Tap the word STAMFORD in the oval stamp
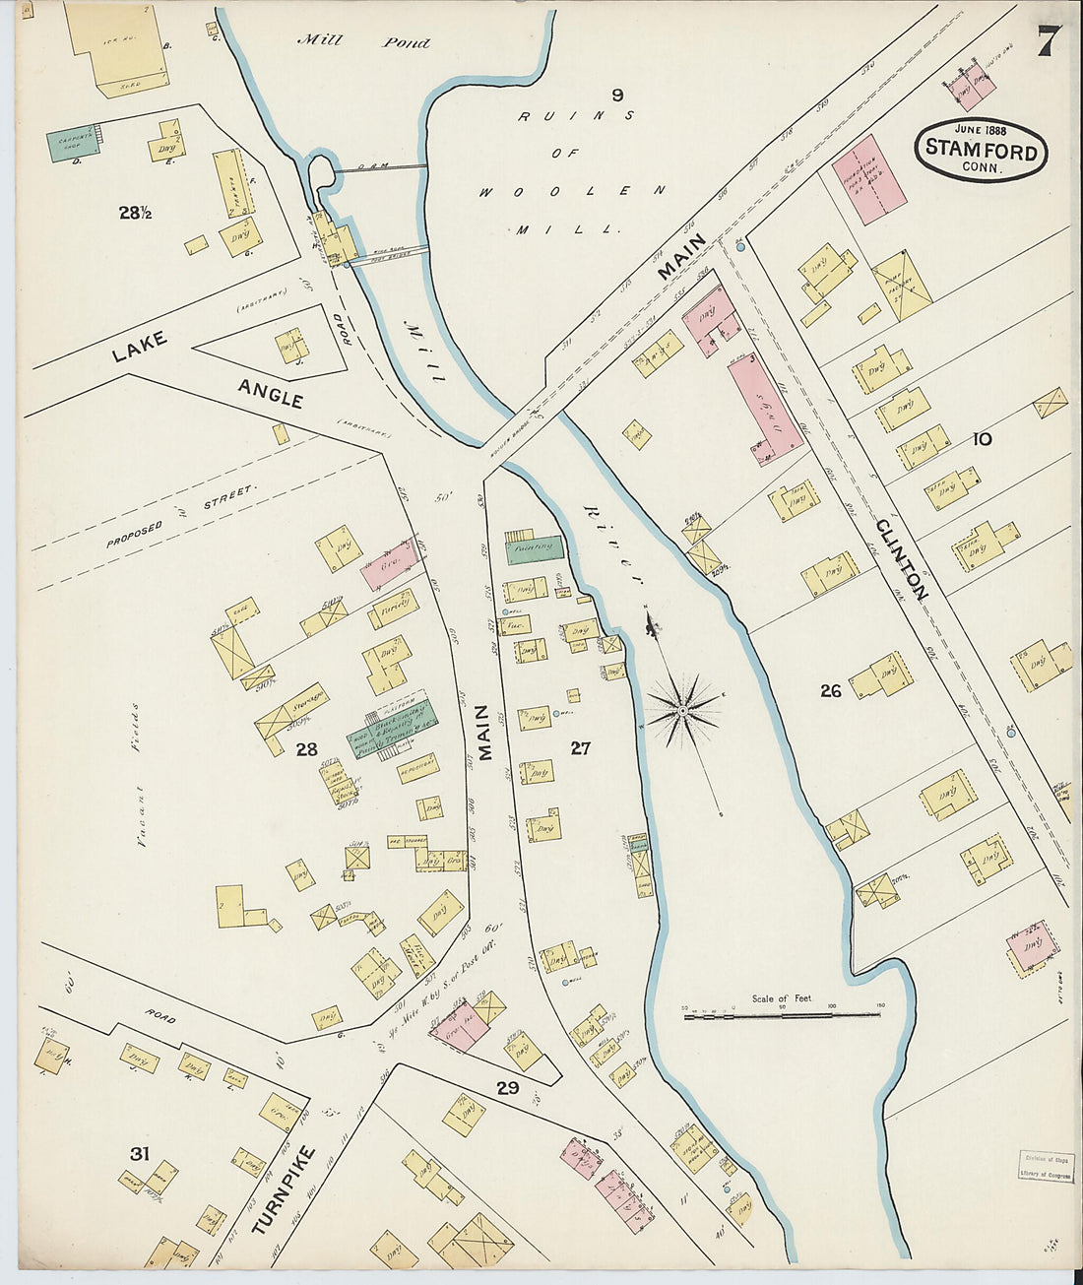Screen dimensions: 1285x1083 click(x=981, y=152)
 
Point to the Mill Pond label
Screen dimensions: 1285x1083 click(x=364, y=41)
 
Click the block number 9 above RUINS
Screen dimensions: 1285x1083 click(x=617, y=95)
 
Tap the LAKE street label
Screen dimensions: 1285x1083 click(x=140, y=347)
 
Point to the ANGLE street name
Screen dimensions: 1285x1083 click(x=270, y=393)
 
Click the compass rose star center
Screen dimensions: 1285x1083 click(x=681, y=708)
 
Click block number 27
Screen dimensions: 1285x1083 click(x=581, y=748)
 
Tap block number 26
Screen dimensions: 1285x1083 click(x=831, y=691)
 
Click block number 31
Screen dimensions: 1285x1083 click(x=140, y=1153)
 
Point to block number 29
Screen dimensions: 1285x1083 click(x=507, y=1088)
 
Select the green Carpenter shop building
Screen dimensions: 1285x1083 click(x=73, y=143)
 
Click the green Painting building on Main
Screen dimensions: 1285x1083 click(x=534, y=547)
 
